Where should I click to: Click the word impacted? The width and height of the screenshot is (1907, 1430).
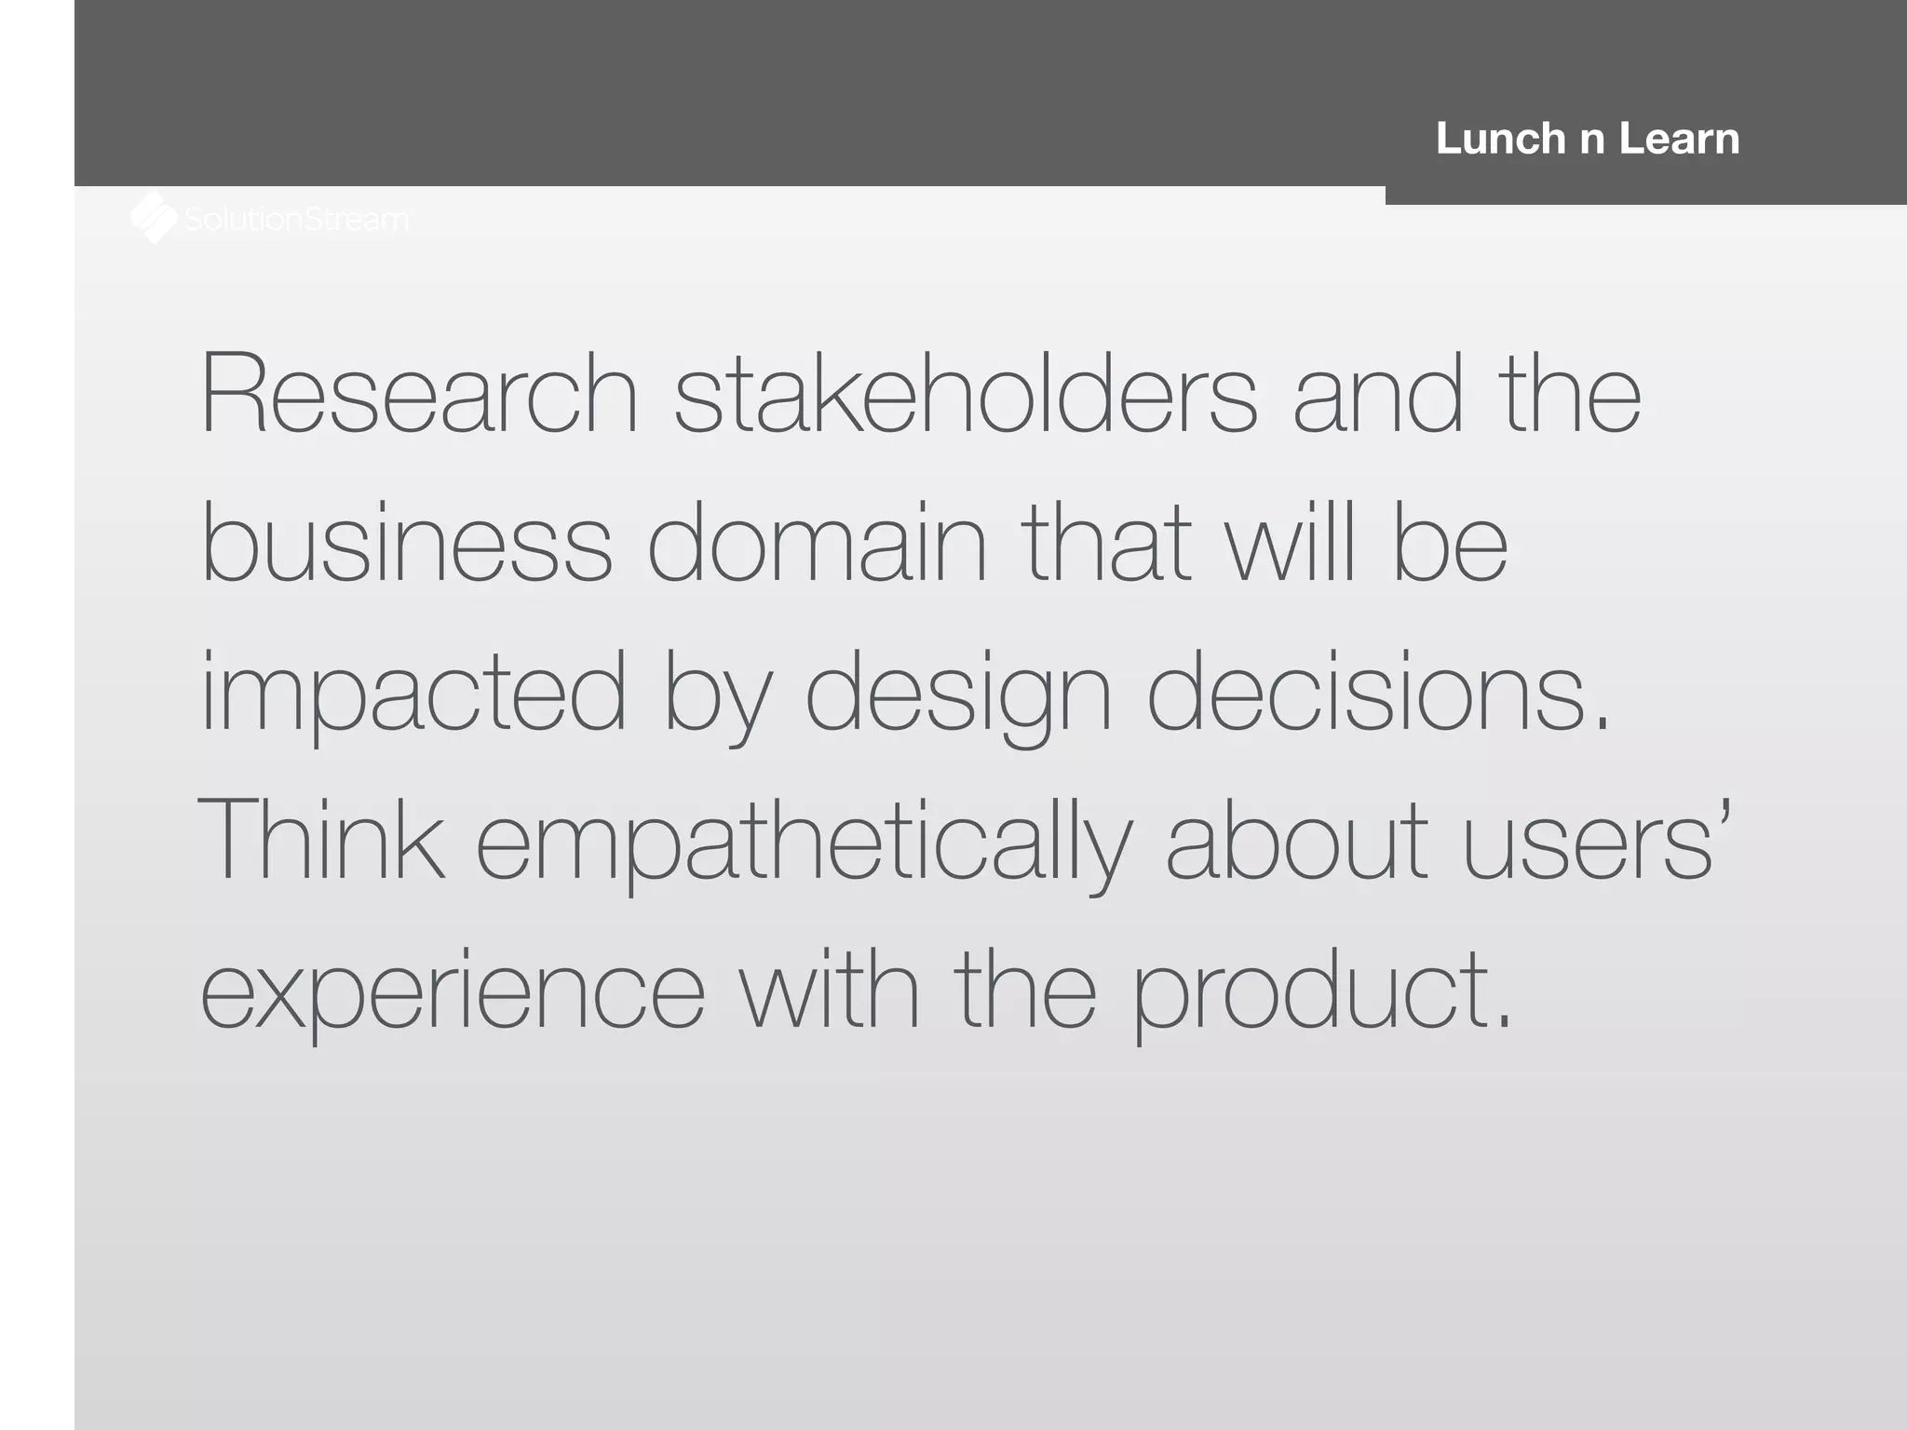413,694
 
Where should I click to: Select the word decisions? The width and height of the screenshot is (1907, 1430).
1377,694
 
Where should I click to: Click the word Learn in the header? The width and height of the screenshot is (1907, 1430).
1679,139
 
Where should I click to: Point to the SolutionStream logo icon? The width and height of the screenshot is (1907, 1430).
154,218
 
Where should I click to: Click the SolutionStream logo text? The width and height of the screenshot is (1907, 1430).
296,220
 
